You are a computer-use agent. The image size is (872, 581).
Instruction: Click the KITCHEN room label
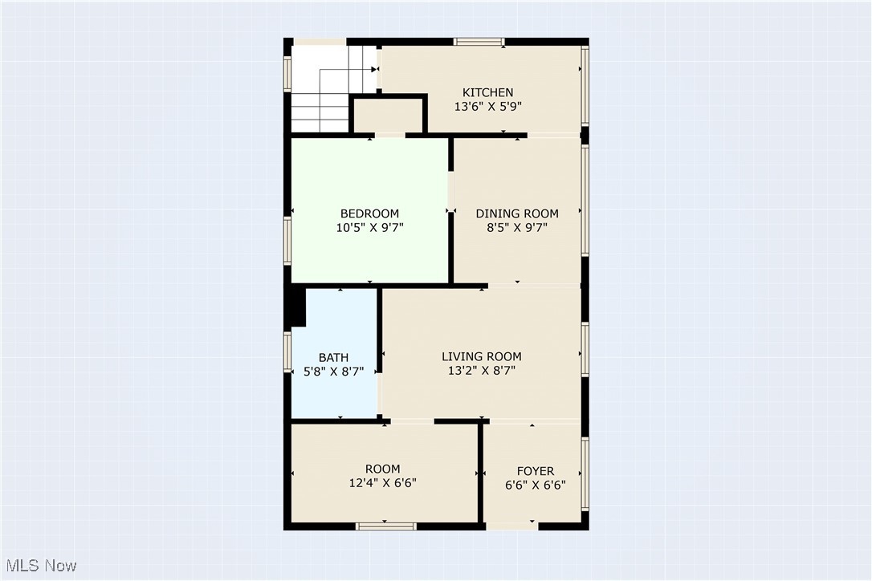[487, 92]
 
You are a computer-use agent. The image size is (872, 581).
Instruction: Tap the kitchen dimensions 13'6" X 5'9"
[487, 106]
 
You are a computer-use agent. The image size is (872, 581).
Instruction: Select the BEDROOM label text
[369, 213]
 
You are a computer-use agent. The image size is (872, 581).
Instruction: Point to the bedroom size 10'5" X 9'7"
[369, 227]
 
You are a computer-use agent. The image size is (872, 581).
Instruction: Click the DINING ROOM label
[517, 213]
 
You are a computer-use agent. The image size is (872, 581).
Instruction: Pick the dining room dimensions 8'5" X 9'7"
[517, 227]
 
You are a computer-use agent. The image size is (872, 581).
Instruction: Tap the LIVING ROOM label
[482, 356]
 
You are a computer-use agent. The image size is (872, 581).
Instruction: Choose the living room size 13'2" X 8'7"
[482, 370]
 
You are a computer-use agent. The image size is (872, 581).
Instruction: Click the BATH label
[333, 358]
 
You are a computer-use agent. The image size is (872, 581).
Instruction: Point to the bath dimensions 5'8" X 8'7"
[333, 372]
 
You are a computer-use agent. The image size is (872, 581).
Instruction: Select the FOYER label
[535, 471]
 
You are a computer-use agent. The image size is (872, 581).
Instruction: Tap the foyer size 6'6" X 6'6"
[535, 485]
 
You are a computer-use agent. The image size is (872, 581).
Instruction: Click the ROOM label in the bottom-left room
[382, 469]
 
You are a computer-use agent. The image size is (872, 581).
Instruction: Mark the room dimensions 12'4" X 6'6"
[382, 482]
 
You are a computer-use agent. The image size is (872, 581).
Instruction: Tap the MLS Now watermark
[39, 566]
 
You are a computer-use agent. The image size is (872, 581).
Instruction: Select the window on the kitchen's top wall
[479, 41]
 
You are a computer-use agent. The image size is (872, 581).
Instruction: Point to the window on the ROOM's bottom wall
[386, 526]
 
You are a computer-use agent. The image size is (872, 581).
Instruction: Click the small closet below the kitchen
[387, 116]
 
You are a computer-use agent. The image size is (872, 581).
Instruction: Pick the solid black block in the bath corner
[297, 307]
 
